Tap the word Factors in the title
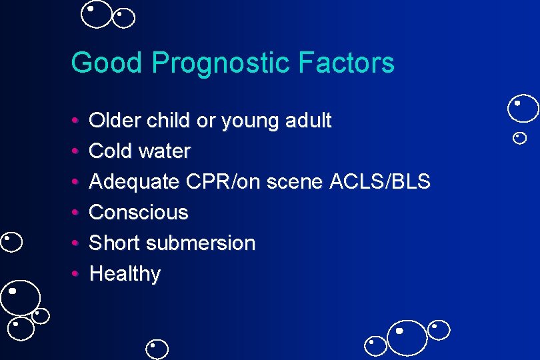point(347,63)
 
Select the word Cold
point(110,151)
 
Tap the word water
point(164,151)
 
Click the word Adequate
point(134,182)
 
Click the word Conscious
point(139,213)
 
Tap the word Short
point(113,243)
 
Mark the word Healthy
point(125,274)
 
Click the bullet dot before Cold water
point(76,152)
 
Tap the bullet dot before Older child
point(76,121)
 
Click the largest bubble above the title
point(97,15)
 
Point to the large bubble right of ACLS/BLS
point(523,109)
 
